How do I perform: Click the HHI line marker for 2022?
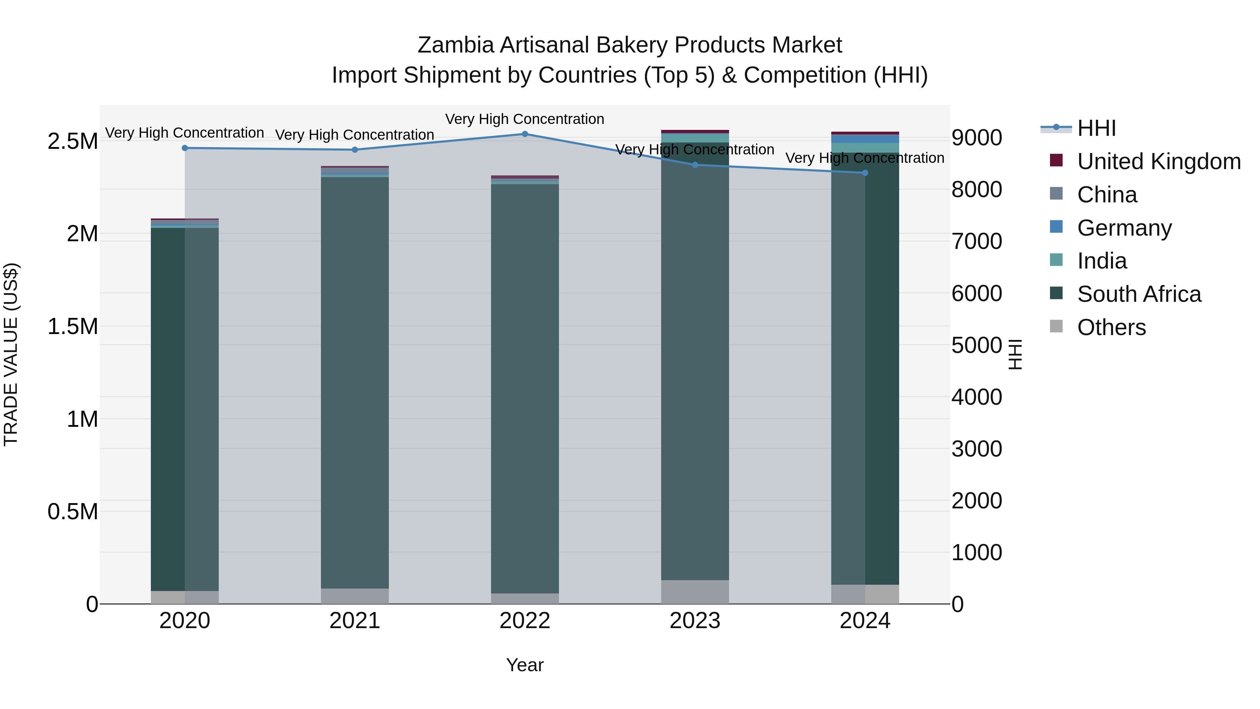(525, 134)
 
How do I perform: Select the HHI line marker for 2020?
(185, 148)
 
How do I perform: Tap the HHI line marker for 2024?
(865, 173)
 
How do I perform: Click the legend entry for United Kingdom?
(1158, 161)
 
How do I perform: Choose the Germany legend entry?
(1124, 228)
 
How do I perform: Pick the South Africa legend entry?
(1139, 294)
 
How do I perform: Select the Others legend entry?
(1111, 327)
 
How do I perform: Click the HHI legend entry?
(1096, 128)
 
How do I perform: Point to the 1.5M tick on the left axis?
(73, 326)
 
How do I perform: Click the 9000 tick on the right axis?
(976, 138)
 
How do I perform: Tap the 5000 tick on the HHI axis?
(976, 346)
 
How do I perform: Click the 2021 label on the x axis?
(355, 621)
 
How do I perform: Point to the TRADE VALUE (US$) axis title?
(11, 354)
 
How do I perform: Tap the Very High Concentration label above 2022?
(525, 119)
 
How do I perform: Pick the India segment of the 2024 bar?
(865, 148)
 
